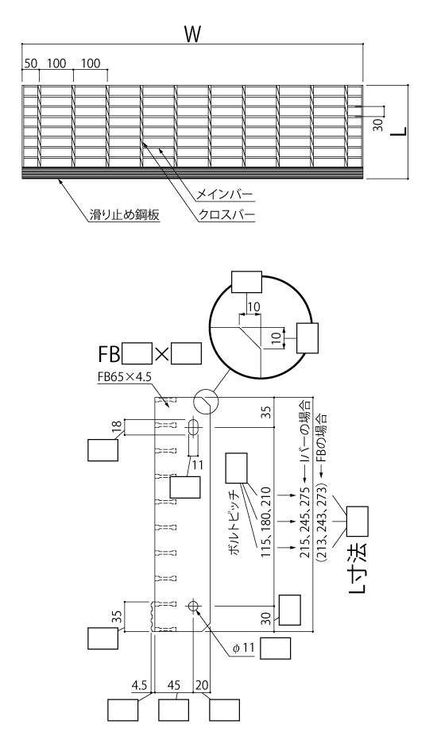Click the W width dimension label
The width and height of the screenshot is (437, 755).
coord(192,35)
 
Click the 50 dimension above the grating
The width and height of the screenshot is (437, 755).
coord(30,63)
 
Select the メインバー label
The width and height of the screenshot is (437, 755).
coord(224,195)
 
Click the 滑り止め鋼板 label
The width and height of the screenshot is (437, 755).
coord(124,214)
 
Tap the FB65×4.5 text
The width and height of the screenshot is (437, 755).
coord(124,378)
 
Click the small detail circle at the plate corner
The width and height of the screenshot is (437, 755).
coord(206,401)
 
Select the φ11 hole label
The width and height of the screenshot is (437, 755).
coord(243,648)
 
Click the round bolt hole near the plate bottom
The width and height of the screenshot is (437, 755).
coord(194,607)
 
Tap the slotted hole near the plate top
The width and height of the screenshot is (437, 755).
coord(194,427)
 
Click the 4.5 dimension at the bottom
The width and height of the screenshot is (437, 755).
coord(139,685)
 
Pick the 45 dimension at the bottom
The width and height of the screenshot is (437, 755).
coord(174,685)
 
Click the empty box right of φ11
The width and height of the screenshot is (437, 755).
coord(276,649)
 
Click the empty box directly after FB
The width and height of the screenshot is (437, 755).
coord(137,353)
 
